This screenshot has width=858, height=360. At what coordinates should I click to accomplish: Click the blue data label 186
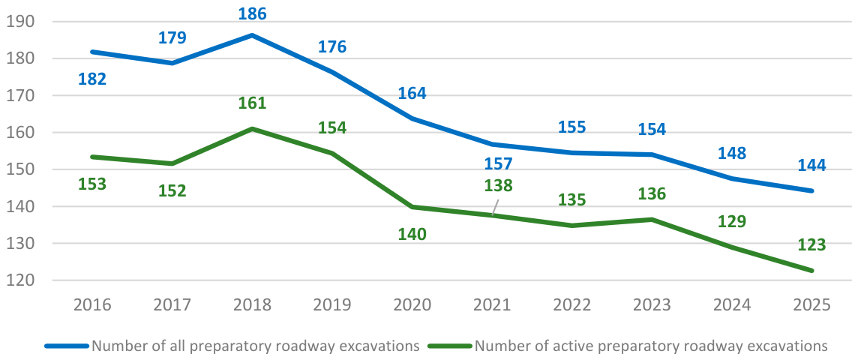click(x=252, y=13)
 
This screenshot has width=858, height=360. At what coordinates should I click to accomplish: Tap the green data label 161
click(x=252, y=103)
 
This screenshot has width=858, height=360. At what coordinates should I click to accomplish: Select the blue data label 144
click(x=811, y=165)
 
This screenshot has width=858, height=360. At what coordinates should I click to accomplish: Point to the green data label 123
click(x=811, y=244)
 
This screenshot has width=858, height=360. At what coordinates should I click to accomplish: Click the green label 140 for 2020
click(x=412, y=234)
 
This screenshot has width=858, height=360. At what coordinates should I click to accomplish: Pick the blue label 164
click(x=412, y=93)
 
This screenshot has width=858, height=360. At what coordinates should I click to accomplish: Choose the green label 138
click(x=499, y=185)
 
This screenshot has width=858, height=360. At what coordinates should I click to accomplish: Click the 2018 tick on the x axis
click(x=252, y=304)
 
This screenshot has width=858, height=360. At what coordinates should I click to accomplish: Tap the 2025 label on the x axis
click(x=812, y=304)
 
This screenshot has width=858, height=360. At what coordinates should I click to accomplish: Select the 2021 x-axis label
click(x=492, y=304)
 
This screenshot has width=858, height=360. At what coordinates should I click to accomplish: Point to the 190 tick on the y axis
click(x=21, y=22)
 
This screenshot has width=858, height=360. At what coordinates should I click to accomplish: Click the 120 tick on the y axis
click(x=21, y=280)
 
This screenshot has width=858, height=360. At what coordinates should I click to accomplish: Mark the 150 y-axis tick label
click(x=21, y=169)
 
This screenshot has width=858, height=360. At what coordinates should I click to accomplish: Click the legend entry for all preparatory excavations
click(x=232, y=346)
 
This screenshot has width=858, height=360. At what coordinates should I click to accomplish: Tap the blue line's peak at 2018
click(x=252, y=35)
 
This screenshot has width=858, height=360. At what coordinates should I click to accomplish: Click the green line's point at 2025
click(x=812, y=270)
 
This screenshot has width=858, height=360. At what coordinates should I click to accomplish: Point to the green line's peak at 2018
click(x=252, y=128)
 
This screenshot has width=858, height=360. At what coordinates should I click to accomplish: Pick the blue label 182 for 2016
click(x=92, y=78)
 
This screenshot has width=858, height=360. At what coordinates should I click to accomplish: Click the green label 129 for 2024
click(x=731, y=221)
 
